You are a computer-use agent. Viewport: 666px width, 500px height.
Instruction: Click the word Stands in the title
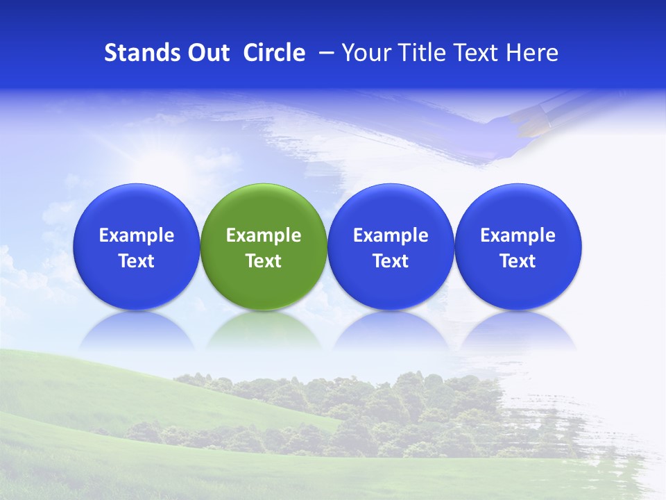tap(137, 53)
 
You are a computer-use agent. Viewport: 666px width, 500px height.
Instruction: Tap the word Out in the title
tap(207, 53)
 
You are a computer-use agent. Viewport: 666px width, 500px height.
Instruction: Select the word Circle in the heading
tap(274, 53)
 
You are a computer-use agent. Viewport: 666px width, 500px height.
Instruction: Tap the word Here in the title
tap(532, 53)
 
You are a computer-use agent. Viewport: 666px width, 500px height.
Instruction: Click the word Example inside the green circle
tap(264, 235)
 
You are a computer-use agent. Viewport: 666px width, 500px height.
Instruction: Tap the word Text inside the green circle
tap(264, 261)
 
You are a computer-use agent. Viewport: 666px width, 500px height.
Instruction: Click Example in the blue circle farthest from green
tap(518, 235)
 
